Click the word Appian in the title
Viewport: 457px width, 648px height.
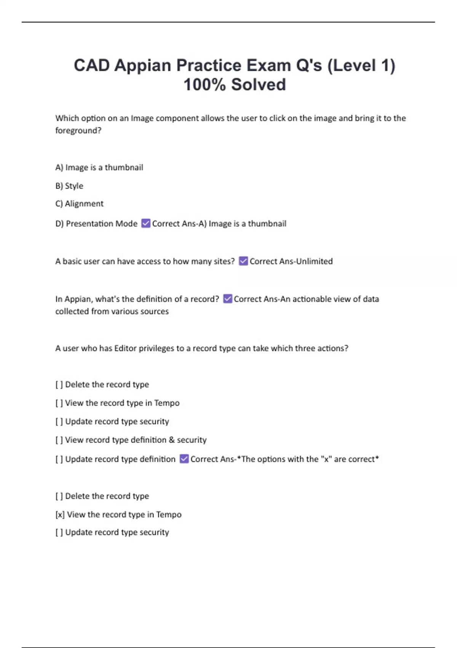[143, 66]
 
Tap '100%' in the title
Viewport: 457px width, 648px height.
[205, 85]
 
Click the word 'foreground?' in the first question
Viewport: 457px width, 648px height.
[78, 130]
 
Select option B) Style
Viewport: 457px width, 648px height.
[69, 186]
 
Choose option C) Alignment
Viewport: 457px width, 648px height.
[79, 204]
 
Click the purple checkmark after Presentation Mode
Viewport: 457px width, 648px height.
[145, 223]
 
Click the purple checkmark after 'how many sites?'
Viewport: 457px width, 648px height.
[243, 261]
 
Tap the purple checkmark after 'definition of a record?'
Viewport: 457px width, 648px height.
[227, 299]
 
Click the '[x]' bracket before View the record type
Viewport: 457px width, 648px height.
[60, 515]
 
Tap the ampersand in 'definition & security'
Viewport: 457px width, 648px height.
[172, 440]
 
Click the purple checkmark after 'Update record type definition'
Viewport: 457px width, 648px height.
[184, 459]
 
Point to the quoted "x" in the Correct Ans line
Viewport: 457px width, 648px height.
[326, 459]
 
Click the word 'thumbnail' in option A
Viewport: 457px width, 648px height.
[124, 168]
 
